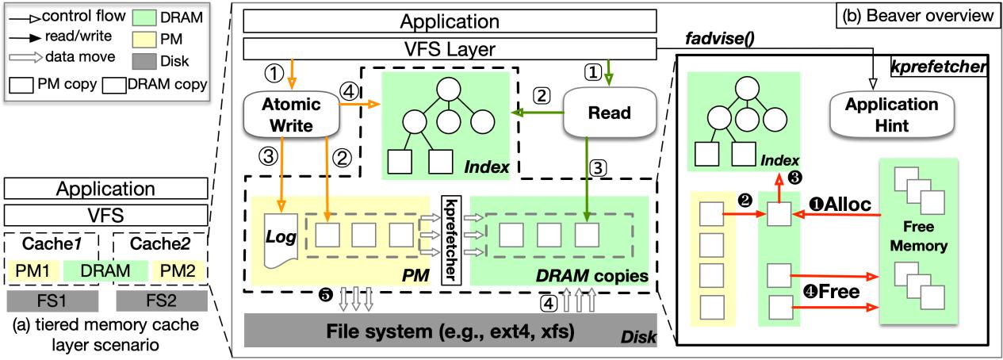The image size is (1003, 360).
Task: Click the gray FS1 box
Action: point(52,301)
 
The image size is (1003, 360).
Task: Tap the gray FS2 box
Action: point(161,301)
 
